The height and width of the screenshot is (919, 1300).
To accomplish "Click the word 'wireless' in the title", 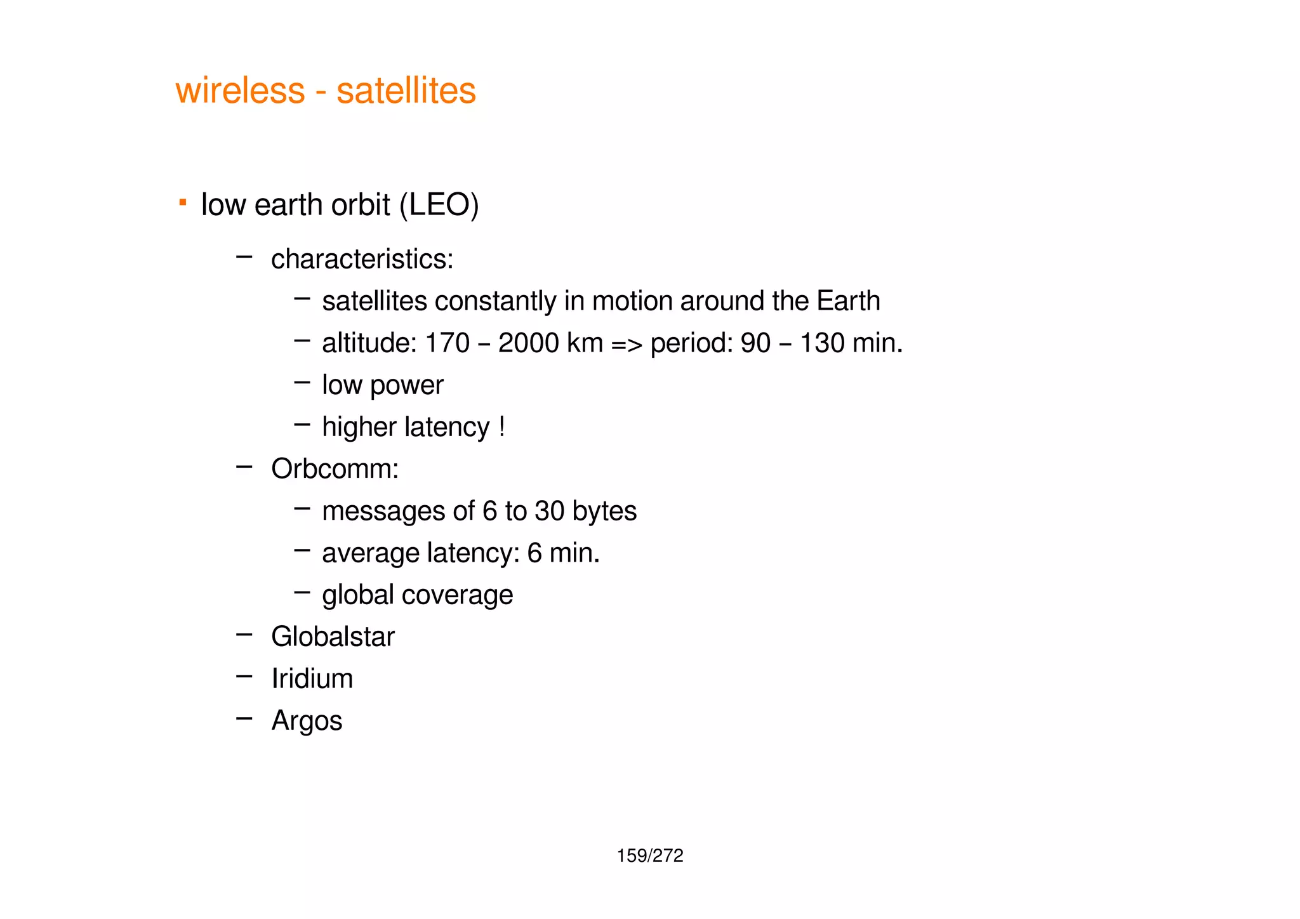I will point(240,90).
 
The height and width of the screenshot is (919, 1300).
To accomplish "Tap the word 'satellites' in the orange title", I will point(406,90).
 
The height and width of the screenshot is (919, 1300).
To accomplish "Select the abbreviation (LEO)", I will point(439,205).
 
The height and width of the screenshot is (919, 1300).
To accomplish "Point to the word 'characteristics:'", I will point(362,259).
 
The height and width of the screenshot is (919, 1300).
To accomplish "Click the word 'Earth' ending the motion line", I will point(848,301).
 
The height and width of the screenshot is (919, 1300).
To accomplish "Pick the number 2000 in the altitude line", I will point(528,343).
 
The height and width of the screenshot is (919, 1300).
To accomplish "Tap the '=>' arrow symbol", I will point(627,344).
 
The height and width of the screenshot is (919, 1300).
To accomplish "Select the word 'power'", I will point(413,385).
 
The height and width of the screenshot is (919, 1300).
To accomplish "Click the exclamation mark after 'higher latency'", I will point(502,426).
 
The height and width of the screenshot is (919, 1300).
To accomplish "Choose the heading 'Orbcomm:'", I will point(335,469).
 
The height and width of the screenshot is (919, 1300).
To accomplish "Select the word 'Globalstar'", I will point(333,637).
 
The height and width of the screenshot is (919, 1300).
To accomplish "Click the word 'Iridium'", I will point(312,678).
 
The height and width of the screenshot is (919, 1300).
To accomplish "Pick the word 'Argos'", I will point(307,721).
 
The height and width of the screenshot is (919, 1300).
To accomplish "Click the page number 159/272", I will point(650,856).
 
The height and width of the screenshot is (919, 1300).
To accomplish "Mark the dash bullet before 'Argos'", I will point(244,718).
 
